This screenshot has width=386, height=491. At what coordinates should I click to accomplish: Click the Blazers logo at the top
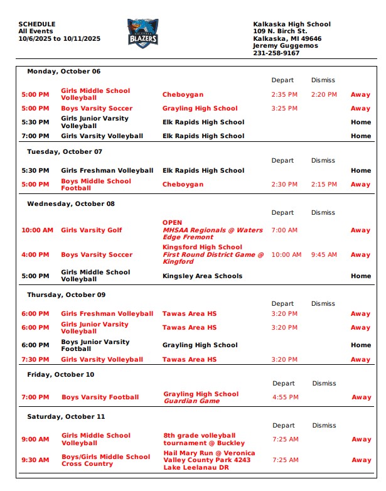142,33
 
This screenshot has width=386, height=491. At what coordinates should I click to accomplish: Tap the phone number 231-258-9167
276,53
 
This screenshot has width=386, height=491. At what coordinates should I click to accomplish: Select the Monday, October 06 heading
63,72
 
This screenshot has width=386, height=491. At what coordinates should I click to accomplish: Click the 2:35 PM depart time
284,95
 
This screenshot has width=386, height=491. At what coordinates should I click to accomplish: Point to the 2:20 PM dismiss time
324,95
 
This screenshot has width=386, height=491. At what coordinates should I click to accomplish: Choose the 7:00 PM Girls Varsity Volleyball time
35,136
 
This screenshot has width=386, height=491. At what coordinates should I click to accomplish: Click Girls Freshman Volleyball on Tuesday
107,171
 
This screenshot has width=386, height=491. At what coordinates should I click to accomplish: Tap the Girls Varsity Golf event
92,230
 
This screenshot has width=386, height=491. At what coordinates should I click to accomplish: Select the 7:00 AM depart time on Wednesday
284,230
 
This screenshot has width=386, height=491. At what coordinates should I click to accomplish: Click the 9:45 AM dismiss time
324,255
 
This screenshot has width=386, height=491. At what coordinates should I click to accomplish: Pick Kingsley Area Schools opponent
202,276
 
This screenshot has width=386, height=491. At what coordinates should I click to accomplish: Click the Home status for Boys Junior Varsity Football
361,345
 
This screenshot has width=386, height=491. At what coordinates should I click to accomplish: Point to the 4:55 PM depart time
286,397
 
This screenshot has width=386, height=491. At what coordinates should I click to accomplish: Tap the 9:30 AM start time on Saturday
35,460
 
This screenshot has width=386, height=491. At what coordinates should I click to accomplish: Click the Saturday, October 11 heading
66,417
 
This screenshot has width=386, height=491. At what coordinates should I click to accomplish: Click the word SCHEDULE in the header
37,24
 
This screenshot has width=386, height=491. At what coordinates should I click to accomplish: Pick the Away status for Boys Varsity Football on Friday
362,397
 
